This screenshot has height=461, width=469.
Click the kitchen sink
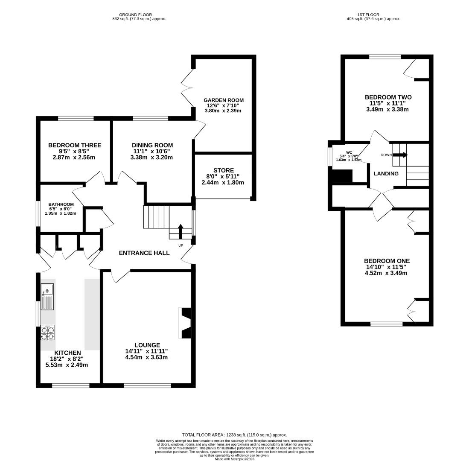coord(47,297)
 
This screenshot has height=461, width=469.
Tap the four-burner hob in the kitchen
coord(47,333)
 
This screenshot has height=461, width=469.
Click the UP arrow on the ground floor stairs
coord(181,231)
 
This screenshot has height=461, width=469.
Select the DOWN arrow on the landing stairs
coord(400,155)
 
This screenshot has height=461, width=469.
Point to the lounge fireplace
coord(184,323)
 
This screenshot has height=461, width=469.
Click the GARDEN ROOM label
coord(224,100)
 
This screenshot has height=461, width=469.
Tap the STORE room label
coord(224,170)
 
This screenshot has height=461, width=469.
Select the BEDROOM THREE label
coord(75,146)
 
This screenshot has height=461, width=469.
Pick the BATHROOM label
coord(61,204)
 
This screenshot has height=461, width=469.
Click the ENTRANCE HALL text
coord(144,253)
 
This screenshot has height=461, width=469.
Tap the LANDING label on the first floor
coord(386,173)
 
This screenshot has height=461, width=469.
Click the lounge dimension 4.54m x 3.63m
coord(146,358)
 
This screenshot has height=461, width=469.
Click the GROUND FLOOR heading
coord(136,15)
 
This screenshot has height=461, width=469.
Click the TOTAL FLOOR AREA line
coord(235,435)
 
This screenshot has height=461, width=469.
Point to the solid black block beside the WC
coord(341,176)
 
